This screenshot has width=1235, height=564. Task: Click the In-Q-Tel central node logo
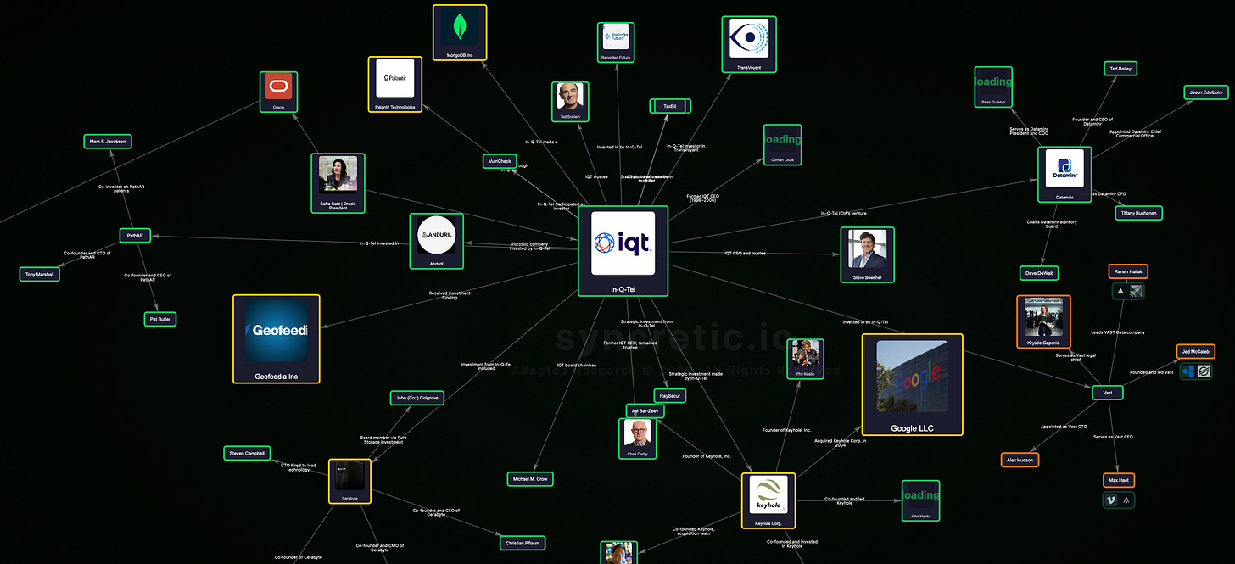[x=623, y=243]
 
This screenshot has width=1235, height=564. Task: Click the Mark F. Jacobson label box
[x=108, y=142]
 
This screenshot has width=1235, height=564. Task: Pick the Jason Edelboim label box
[x=1205, y=92]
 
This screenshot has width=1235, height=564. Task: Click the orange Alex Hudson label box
[x=1020, y=460]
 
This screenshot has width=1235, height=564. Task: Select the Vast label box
[x=1108, y=393]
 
